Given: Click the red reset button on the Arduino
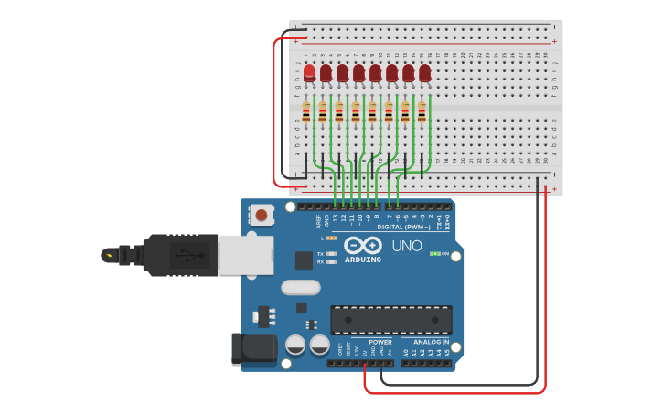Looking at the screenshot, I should point(262,216).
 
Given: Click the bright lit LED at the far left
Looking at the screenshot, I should point(309,72).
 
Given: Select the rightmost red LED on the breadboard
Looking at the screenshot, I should point(425,72).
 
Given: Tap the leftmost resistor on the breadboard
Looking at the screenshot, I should point(306,112).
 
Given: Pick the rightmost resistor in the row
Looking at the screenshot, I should point(422,112).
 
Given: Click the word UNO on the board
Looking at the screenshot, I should point(407,246).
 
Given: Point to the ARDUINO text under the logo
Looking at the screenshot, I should point(363,260).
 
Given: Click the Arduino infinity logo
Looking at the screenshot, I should point(363,245).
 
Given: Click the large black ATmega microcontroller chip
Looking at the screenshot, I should point(390,320).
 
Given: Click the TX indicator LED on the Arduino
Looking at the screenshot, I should point(331,253).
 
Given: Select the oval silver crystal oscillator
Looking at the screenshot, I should point(300,288).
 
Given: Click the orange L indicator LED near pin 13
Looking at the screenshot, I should point(331,238).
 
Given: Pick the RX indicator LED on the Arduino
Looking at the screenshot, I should point(331,261).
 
